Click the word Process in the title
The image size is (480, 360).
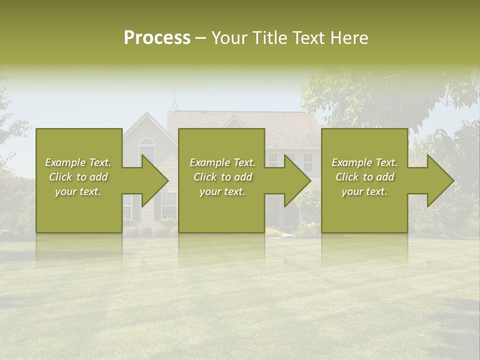[x=157, y=38]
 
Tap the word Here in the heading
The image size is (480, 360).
[x=349, y=38]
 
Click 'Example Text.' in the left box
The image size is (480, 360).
[x=78, y=162]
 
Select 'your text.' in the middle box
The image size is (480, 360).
[x=222, y=191]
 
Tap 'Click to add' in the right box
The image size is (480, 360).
[x=365, y=177]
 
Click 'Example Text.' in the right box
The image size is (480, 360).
[x=365, y=162]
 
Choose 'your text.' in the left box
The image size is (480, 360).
[x=78, y=191]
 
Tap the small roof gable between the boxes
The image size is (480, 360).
[x=233, y=121]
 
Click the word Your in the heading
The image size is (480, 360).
[x=229, y=38]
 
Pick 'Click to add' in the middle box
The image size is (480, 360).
[x=222, y=177]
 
